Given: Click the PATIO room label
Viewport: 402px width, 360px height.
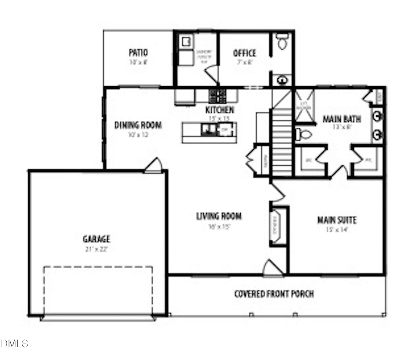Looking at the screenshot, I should point(138,53).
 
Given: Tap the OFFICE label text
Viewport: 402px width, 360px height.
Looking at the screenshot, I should point(244,53).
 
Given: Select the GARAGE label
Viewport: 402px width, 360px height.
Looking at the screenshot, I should point(96,239).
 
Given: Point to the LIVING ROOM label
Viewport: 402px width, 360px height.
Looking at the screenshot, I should point(219,217).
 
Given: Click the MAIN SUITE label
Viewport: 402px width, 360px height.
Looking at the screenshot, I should point(337,220).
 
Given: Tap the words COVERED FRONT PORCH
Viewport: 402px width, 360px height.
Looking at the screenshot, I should point(274,294).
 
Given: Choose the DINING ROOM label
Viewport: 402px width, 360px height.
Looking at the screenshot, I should point(138,125).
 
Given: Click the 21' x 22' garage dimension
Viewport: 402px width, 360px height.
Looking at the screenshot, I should point(96,249).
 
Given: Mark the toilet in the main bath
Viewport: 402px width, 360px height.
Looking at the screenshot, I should point(304,134).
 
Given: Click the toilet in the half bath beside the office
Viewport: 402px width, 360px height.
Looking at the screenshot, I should point(282,42).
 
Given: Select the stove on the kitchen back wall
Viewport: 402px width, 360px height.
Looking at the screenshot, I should point(218,95).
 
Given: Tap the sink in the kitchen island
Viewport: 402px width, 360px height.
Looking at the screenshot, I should point(208,130).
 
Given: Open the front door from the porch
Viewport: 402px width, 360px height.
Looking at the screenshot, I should point(272,269).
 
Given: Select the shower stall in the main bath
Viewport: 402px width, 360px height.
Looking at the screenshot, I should point(304,106).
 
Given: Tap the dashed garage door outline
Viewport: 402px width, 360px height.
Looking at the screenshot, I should point(98,290).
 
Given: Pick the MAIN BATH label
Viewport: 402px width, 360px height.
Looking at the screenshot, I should point(342,119).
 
